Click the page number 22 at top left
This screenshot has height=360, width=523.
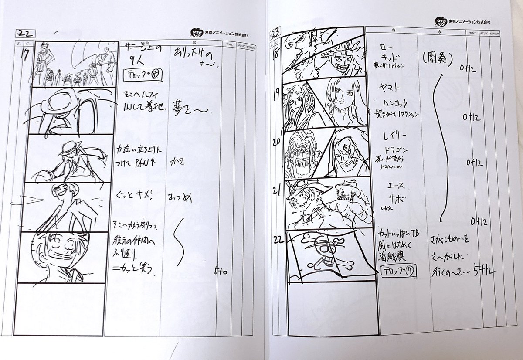[x=23, y=33]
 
